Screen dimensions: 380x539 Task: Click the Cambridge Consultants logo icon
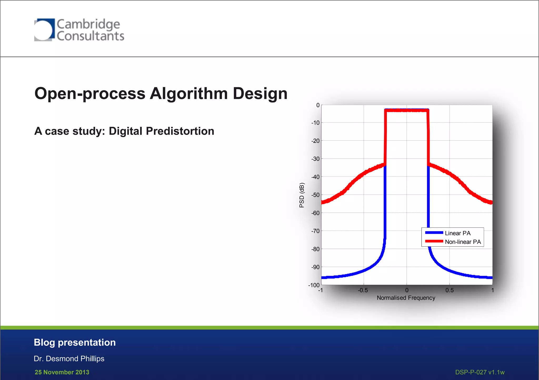44,30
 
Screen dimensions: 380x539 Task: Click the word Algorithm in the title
188,94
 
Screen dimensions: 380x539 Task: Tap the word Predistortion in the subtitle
180,131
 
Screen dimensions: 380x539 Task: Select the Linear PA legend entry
457,233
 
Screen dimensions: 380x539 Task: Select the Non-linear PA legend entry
463,242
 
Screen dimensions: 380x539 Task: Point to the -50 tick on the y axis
315,195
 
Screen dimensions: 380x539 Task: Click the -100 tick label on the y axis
314,285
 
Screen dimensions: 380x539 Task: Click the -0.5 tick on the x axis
363,290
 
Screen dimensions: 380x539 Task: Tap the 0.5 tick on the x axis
450,290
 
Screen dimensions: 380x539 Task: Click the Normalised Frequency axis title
406,298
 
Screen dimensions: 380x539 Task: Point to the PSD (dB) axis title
302,195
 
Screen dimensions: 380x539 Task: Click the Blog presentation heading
75,342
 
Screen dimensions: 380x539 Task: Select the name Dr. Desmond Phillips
69,359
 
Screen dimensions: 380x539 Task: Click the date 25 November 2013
62,372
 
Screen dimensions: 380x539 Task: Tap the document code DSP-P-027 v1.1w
480,372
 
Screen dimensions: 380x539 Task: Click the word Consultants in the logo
90,36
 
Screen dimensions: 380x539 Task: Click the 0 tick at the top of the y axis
318,105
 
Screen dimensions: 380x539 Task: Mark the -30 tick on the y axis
315,159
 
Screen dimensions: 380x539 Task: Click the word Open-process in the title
90,94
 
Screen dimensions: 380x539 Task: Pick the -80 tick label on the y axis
315,249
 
